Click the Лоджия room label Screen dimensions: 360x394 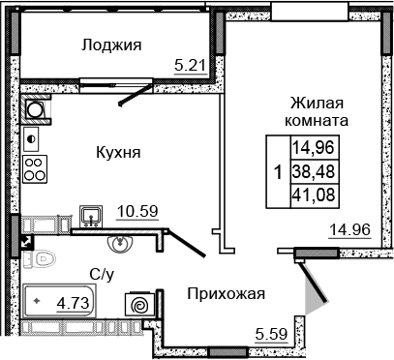coord(112,45)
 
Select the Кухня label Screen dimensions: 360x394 coord(119,152)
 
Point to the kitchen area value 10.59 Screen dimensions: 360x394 coord(137,208)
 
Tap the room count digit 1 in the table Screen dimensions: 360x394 coord(279,173)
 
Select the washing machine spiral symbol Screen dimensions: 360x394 coord(138,304)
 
